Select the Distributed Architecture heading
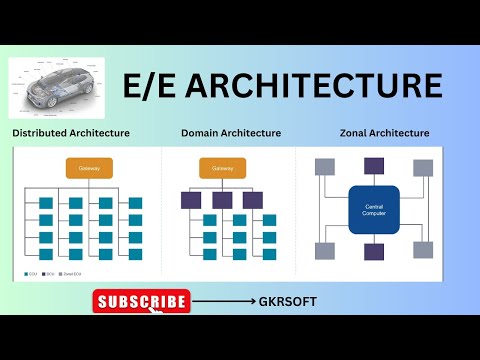tap(70, 132)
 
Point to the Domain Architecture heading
tap(231, 132)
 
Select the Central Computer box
tap(375, 211)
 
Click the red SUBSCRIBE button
tap(141, 301)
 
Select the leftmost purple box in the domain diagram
tap(191, 200)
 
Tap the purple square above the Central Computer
tap(375, 166)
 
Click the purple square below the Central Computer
tap(375, 253)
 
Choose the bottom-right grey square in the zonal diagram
tap(424, 251)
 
